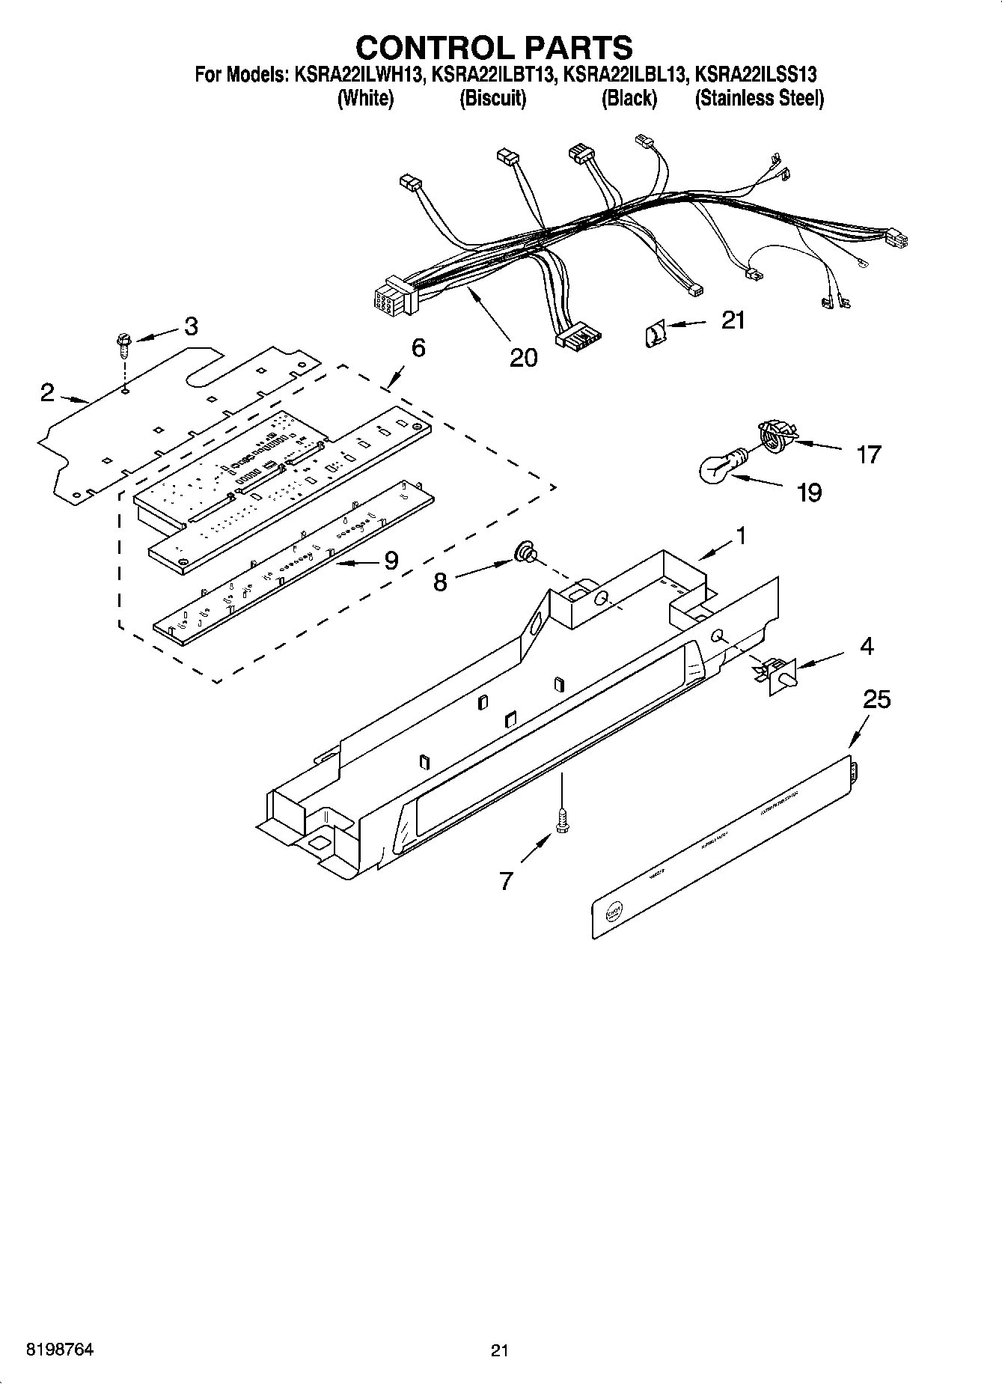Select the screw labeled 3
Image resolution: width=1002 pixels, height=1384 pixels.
coord(123,347)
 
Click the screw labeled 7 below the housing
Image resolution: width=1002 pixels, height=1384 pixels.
coord(561,821)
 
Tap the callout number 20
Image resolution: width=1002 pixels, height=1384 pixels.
coord(523,359)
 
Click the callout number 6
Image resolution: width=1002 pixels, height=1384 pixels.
coord(418,348)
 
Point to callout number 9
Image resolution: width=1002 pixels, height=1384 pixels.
coord(391,561)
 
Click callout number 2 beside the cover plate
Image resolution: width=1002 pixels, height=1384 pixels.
coord(47,392)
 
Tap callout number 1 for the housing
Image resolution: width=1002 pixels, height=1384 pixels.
coord(740,536)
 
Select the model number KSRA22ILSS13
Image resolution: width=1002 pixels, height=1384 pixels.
coord(755,75)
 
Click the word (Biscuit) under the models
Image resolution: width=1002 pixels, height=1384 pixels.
coord(492,98)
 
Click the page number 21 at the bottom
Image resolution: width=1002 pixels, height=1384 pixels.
coord(500,1350)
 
